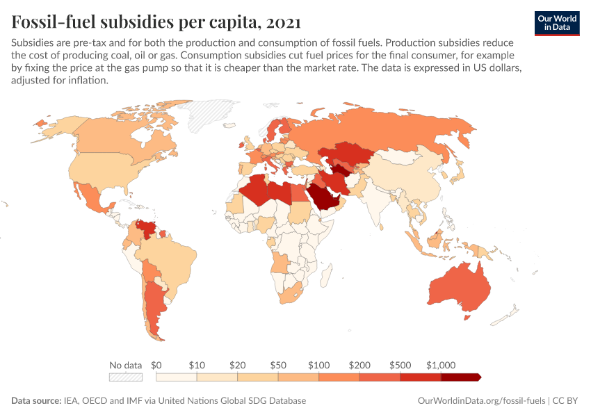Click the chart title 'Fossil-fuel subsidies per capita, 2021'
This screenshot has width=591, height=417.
tap(156, 22)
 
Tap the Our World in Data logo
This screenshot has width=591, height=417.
tap(556, 22)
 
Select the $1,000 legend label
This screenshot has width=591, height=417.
tap(440, 364)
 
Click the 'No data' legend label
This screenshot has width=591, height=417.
tap(126, 364)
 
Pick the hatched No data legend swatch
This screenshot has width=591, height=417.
tap(126, 377)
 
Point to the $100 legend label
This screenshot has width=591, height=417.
tap(319, 364)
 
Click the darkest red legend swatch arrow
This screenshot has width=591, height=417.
tap(461, 377)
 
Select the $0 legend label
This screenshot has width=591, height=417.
tap(156, 364)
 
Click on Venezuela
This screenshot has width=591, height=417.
tap(146, 227)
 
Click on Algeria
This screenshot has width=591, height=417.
tap(256, 190)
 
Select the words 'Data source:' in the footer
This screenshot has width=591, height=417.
tap(36, 401)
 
